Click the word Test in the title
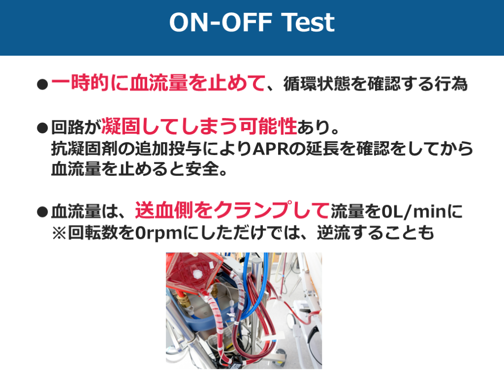pyautogui.click(x=308, y=23)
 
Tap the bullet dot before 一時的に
pyautogui.click(x=42, y=85)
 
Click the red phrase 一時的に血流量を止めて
pyautogui.click(x=158, y=83)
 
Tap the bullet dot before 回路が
pyautogui.click(x=42, y=127)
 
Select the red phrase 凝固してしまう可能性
pyautogui.click(x=199, y=126)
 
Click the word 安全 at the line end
pyautogui.click(x=202, y=169)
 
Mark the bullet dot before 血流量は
pyautogui.click(x=42, y=212)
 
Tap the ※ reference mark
pyautogui.click(x=60, y=233)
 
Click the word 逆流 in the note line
pyautogui.click(x=334, y=233)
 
